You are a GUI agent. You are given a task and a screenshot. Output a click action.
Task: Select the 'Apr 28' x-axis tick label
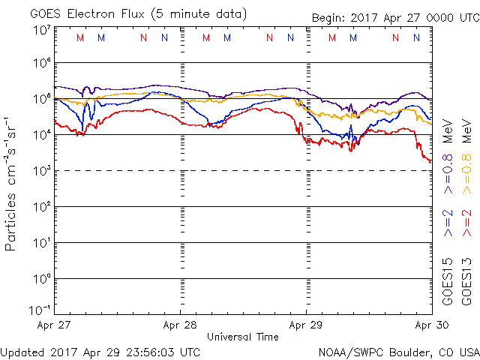click(180, 325)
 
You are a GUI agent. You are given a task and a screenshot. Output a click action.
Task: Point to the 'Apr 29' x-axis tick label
click(305, 325)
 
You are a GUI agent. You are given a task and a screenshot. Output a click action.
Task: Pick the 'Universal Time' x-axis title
click(242, 337)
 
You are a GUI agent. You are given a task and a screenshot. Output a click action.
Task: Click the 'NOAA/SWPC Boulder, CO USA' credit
click(398, 351)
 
